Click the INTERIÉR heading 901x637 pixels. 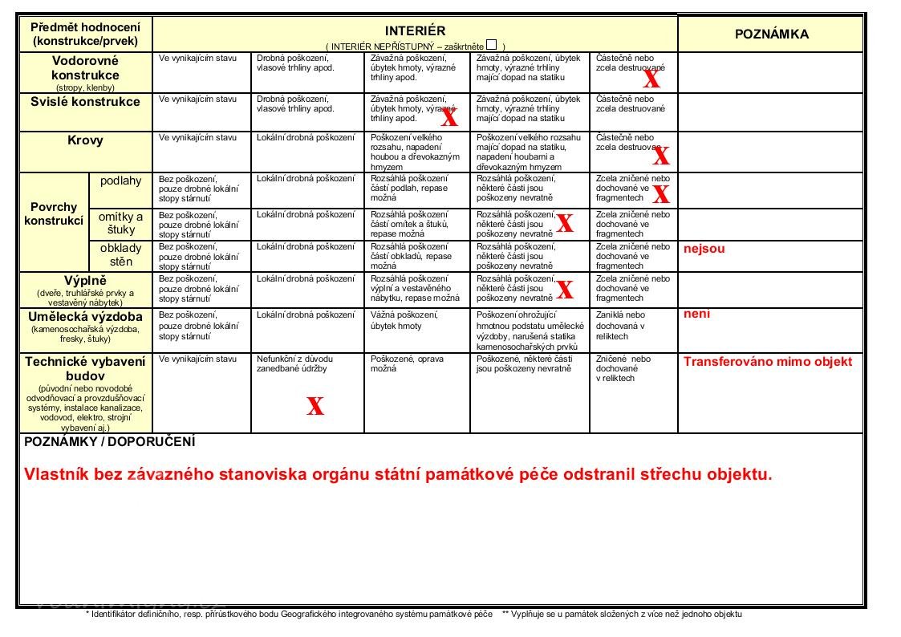(x=415, y=30)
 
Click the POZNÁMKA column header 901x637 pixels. (x=771, y=34)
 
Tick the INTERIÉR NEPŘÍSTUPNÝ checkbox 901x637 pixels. (x=491, y=45)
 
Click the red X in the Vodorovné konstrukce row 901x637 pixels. (x=651, y=79)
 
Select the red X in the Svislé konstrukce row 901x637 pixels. (x=449, y=119)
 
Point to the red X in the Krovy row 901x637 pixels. (x=660, y=156)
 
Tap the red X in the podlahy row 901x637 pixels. (x=660, y=193)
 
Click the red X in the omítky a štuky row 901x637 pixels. (x=565, y=223)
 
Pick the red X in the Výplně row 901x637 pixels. (x=565, y=289)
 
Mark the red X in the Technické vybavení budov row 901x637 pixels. (x=315, y=406)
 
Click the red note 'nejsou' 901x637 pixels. (x=704, y=249)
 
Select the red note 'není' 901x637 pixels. (x=696, y=314)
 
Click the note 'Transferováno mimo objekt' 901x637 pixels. (x=767, y=362)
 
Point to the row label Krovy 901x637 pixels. (x=85, y=140)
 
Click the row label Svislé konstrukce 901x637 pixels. (x=85, y=102)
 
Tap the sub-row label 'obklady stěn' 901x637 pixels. (x=120, y=255)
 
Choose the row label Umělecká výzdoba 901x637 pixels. (x=85, y=316)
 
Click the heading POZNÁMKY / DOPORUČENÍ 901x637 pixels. (x=110, y=442)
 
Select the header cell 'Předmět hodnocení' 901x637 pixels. (x=85, y=26)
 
